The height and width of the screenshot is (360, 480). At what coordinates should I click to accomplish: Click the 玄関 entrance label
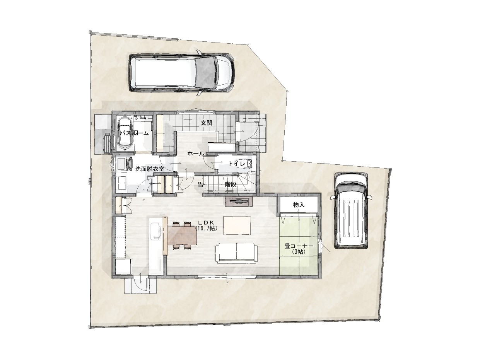click(x=206, y=123)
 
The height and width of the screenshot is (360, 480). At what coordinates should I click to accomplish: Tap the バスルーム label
click(x=134, y=133)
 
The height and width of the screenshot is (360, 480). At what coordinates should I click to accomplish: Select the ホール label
click(x=196, y=154)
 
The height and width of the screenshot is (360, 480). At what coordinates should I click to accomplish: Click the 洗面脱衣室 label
click(x=150, y=169)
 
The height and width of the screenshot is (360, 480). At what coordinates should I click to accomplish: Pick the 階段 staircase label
click(x=231, y=184)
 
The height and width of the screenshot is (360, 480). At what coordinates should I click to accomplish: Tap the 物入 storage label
click(x=299, y=205)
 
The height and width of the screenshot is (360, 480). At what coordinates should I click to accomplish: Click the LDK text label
click(x=206, y=222)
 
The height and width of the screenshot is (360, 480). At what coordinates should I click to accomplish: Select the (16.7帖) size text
click(x=206, y=229)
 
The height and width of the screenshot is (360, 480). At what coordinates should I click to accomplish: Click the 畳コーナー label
click(x=299, y=246)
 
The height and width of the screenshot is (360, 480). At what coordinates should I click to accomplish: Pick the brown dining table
click(x=183, y=235)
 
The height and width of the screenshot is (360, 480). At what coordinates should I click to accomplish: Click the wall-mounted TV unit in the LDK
click(x=239, y=201)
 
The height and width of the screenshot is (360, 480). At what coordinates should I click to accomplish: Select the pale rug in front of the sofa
click(x=237, y=225)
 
